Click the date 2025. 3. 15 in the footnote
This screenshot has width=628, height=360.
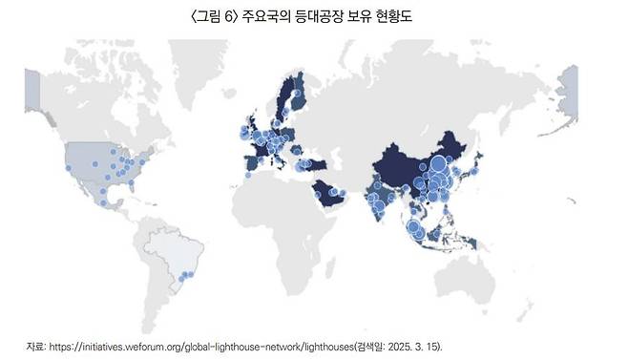414,345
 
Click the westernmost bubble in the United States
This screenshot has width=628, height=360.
69,169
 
